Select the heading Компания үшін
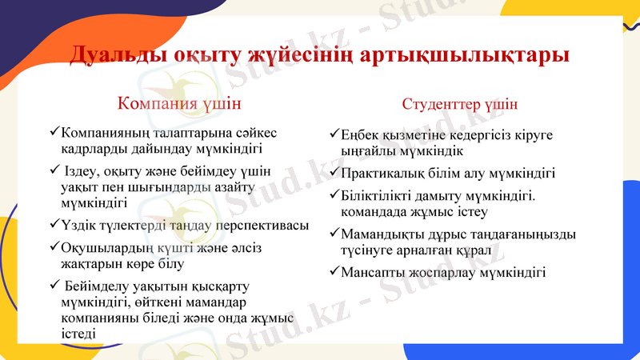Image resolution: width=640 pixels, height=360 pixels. (x=179, y=104)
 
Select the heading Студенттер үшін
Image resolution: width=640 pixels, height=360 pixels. (x=459, y=105)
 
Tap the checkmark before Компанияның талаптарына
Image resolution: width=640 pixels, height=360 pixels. (x=54, y=132)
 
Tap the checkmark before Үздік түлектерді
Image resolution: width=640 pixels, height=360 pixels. (x=54, y=225)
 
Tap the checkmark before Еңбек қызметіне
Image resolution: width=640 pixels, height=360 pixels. (x=334, y=134)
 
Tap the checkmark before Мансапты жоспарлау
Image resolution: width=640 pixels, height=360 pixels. (x=334, y=272)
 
